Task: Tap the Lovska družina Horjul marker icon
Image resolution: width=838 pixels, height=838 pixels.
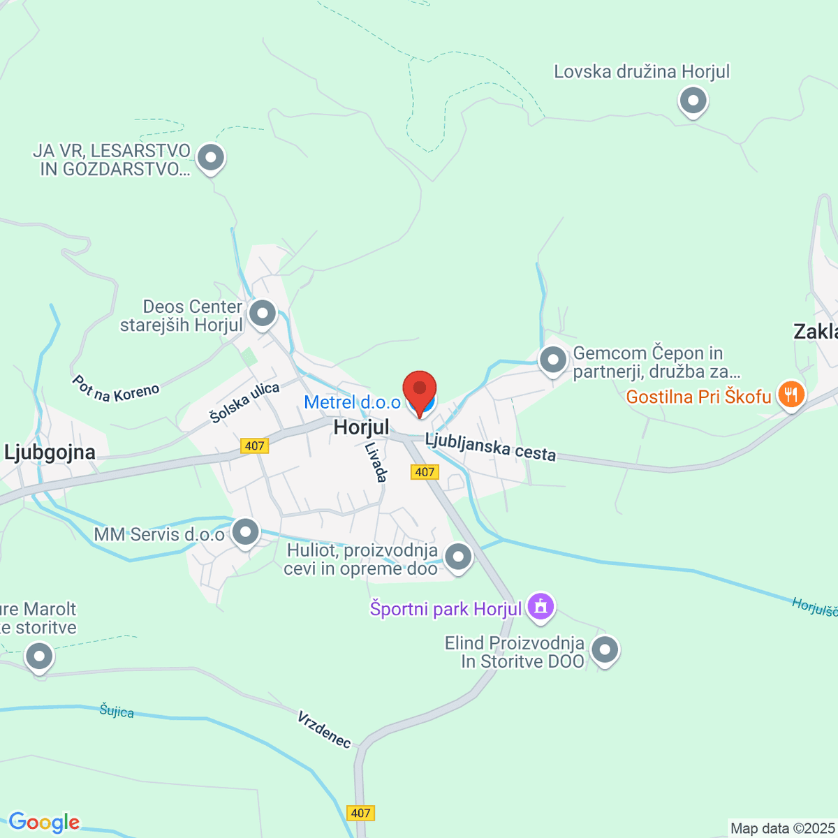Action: pos(693,101)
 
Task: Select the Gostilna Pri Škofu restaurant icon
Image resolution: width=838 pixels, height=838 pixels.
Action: pos(791,395)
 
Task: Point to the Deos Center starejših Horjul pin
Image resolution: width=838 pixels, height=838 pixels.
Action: pos(263,314)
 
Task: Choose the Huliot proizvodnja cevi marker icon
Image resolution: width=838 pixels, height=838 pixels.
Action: pos(459,557)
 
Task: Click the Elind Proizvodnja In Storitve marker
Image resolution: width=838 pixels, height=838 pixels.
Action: pos(605,649)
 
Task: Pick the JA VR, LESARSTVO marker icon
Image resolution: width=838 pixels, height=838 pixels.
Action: pos(210,158)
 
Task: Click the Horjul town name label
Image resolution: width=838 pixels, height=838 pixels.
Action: pos(361,427)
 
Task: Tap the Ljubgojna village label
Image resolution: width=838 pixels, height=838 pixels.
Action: pos(50,453)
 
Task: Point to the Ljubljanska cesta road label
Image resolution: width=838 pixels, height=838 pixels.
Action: pos(491,447)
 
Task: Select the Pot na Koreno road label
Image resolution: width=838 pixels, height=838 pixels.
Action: pos(115,389)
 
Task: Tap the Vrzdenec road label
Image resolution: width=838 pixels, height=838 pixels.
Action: pos(324,729)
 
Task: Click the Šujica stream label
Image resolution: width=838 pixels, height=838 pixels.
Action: pos(117,711)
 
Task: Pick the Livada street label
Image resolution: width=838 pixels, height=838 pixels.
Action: pos(376,462)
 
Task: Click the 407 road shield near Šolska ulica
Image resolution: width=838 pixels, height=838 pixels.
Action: pos(254,446)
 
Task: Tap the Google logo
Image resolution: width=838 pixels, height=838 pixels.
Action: pos(44,823)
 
